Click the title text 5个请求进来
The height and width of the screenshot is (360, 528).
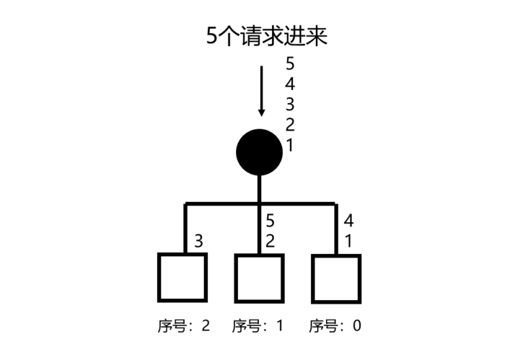[266, 35]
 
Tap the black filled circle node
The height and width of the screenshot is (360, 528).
[259, 152]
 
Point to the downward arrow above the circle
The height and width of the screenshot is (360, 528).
[261, 91]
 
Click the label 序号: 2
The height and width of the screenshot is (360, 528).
[184, 325]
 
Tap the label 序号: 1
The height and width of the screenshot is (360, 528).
[258, 325]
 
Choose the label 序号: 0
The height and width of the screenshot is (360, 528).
[335, 325]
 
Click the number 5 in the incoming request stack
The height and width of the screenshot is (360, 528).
[290, 63]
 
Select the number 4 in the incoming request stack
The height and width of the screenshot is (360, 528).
[290, 84]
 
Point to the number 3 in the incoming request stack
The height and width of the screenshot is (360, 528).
[290, 105]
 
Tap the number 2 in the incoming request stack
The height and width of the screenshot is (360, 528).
[290, 125]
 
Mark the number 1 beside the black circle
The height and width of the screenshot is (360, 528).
[289, 146]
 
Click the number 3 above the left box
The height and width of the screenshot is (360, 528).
[198, 241]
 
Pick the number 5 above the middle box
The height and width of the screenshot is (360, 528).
[270, 221]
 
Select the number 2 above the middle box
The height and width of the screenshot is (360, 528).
[270, 241]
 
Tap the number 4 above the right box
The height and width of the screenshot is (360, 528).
[348, 221]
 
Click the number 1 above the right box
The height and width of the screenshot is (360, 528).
[348, 241]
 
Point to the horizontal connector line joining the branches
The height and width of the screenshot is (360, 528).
[260, 203]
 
